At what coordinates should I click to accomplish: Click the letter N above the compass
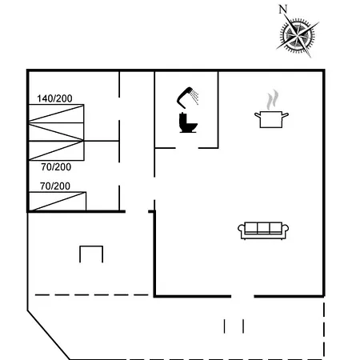(283, 9)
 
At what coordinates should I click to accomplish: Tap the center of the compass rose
(298, 34)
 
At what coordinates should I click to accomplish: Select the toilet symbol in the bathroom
(188, 122)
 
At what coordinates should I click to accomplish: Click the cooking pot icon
(271, 119)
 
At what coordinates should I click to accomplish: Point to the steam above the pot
(272, 100)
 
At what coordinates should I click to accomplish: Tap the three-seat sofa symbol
(263, 230)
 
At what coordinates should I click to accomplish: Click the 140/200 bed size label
(54, 98)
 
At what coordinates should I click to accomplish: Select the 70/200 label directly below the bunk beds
(56, 167)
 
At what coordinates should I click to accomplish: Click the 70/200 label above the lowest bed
(55, 186)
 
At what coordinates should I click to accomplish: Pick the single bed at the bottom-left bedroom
(58, 202)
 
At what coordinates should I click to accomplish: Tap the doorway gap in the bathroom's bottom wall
(186, 148)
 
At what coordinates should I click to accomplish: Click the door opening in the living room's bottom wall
(242, 296)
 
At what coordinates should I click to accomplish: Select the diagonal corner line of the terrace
(49, 335)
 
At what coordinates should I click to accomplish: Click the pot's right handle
(286, 115)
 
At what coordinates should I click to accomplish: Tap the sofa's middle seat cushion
(263, 228)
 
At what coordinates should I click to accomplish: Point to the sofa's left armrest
(242, 231)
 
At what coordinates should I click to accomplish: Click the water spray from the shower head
(195, 97)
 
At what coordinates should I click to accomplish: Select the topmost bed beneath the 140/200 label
(56, 114)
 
